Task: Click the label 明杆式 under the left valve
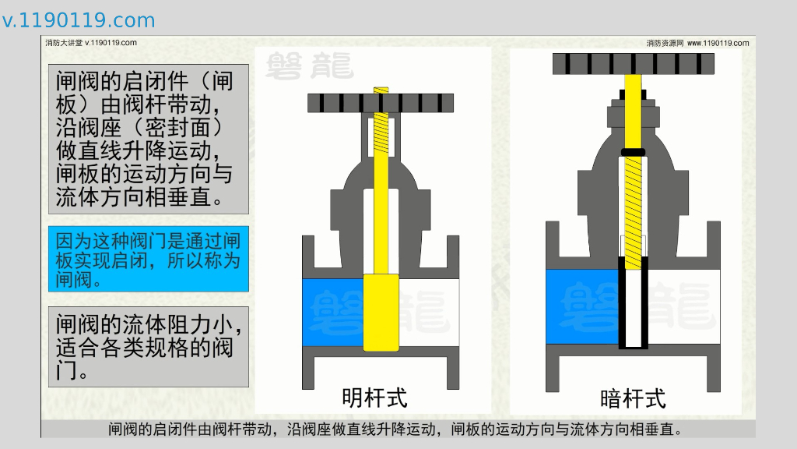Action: (374, 398)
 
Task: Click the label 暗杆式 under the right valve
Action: (633, 399)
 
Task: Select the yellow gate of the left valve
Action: (381, 311)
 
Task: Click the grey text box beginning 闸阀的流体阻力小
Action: (148, 347)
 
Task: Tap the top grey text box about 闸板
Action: (148, 139)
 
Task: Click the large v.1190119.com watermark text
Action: (79, 20)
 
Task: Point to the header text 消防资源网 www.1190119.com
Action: (697, 43)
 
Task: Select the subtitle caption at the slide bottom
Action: (397, 430)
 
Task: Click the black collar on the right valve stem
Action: (632, 150)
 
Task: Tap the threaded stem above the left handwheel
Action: (381, 90)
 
